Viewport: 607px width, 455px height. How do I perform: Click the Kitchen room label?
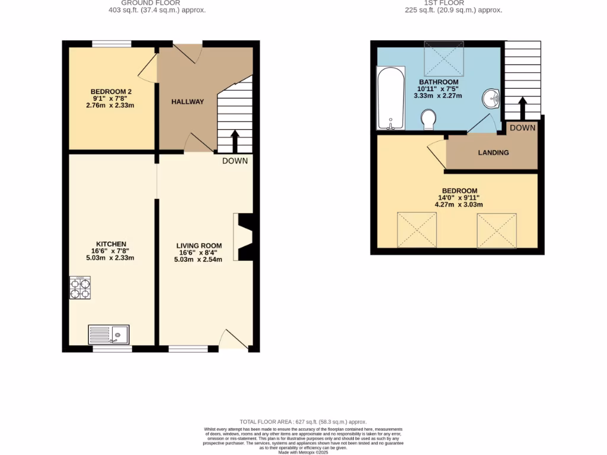click(x=112, y=244)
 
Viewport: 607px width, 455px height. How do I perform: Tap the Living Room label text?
click(x=199, y=246)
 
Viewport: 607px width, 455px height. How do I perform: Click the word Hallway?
click(x=187, y=102)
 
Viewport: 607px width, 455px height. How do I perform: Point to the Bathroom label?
click(x=439, y=82)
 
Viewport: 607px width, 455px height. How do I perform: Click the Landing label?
click(x=493, y=153)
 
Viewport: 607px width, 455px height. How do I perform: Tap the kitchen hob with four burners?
click(x=80, y=288)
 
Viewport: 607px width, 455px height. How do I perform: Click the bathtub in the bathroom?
click(x=391, y=98)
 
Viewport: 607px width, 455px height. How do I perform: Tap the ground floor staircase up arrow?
click(x=235, y=141)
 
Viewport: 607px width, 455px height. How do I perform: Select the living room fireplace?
click(x=244, y=237)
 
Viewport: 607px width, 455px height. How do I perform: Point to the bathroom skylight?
click(x=444, y=59)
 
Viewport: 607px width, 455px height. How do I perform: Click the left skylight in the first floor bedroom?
click(x=417, y=230)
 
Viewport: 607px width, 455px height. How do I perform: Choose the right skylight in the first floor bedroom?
click(x=497, y=230)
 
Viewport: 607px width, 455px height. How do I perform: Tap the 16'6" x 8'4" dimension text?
click(x=199, y=252)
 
